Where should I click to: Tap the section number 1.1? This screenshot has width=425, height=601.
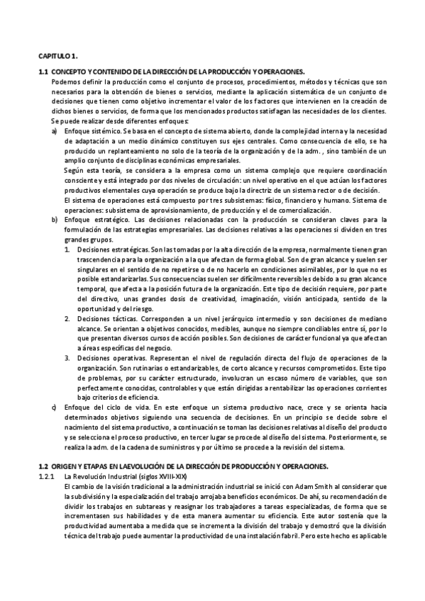43,72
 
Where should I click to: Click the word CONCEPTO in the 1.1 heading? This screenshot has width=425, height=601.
69,72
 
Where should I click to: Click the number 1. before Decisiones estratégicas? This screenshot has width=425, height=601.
67,250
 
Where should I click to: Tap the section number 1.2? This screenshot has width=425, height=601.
43,466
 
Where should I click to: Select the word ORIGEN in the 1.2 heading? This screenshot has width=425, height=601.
64,466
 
